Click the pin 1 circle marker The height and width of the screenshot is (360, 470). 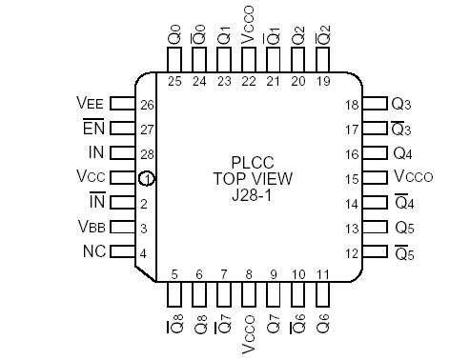146,178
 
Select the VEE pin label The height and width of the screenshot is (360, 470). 91,103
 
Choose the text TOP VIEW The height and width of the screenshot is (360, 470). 253,178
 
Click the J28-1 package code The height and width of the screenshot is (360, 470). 253,194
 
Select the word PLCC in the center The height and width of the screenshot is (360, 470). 253,162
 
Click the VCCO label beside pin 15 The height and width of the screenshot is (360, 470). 416,178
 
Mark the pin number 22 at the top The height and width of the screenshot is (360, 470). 249,81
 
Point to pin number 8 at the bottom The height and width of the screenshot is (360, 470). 249,275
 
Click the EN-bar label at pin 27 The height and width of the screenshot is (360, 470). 92,128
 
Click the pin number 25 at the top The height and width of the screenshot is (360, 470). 174,81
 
